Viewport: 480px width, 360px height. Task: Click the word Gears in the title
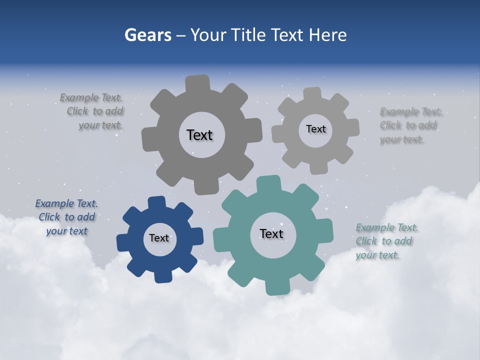(x=147, y=35)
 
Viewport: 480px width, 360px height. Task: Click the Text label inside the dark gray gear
(x=199, y=135)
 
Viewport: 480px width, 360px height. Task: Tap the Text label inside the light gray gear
(x=315, y=129)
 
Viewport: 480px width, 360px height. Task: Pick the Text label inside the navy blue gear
(x=159, y=238)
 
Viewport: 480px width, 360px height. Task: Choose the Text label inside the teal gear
(x=271, y=233)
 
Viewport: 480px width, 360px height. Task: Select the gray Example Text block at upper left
(x=92, y=111)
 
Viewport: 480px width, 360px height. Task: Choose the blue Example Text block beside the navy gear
(x=66, y=217)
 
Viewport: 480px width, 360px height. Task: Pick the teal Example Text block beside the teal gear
(x=386, y=241)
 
